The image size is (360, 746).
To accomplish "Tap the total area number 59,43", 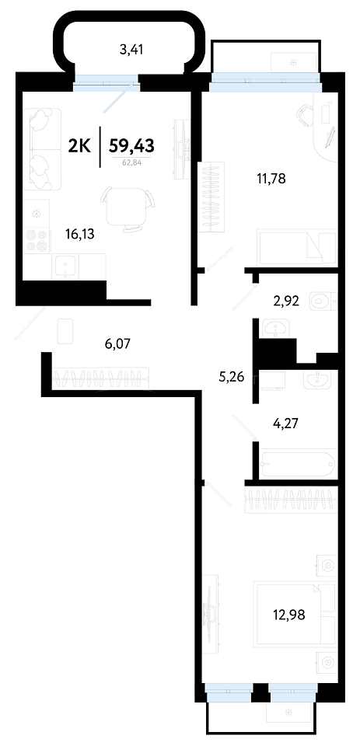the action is pyautogui.click(x=132, y=145).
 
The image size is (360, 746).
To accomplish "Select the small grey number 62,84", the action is pyautogui.click(x=132, y=162).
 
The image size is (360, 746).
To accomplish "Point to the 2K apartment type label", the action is pyautogui.click(x=80, y=145).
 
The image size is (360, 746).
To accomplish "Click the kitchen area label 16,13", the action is pyautogui.click(x=80, y=233).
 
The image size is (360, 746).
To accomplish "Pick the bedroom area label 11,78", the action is pyautogui.click(x=271, y=180).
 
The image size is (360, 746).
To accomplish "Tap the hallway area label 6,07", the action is pyautogui.click(x=117, y=343).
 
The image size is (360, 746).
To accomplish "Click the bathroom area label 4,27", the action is pyautogui.click(x=285, y=422).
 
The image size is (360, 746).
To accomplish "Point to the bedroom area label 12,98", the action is pyautogui.click(x=289, y=614).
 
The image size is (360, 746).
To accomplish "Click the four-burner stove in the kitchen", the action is pyautogui.click(x=37, y=240).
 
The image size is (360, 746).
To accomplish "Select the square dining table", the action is pyautogui.click(x=125, y=206).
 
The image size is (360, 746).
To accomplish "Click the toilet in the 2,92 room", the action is pyautogui.click(x=323, y=300).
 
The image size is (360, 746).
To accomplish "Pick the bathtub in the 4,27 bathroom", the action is pyautogui.click(x=299, y=463).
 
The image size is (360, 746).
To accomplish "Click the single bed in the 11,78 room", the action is pyautogui.click(x=297, y=247).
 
